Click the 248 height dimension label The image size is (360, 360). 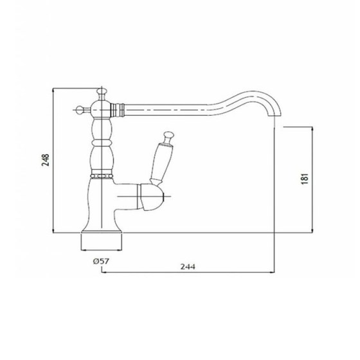point(46,160)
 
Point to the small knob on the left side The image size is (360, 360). point(80,110)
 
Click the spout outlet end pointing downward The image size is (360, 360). point(278,116)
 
